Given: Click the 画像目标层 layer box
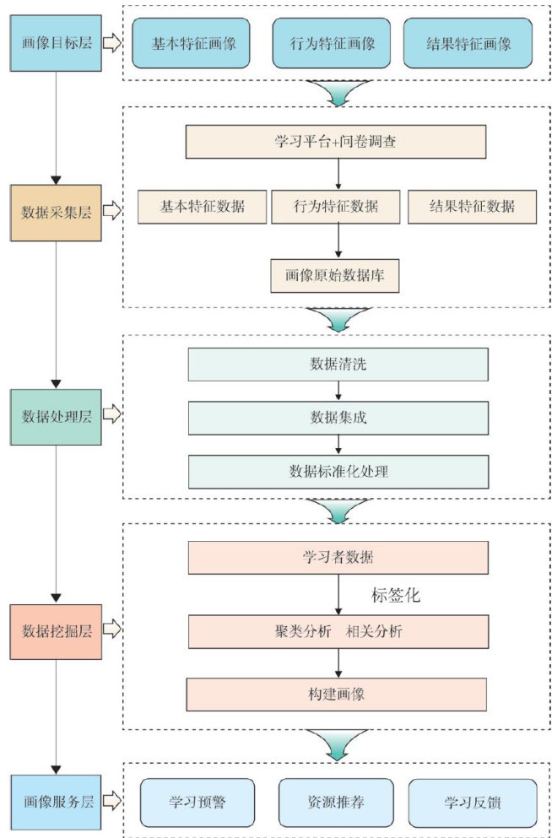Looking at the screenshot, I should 56,42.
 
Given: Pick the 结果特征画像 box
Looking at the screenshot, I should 468,43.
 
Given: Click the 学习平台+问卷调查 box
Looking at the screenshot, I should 336,142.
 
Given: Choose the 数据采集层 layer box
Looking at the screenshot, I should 56,212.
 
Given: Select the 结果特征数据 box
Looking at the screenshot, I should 472,206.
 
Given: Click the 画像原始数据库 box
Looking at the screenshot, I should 335,275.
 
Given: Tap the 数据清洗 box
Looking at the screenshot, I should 338,365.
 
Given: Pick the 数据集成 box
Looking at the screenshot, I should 338,418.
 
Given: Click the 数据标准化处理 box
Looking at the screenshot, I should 338,471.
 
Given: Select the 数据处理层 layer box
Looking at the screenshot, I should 56,416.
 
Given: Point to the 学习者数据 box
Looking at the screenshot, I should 338,558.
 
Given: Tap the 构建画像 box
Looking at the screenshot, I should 338,695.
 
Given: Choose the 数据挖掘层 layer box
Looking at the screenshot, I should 56,631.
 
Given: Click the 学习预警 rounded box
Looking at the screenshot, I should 198,802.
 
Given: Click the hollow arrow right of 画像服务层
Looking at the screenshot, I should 112,802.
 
